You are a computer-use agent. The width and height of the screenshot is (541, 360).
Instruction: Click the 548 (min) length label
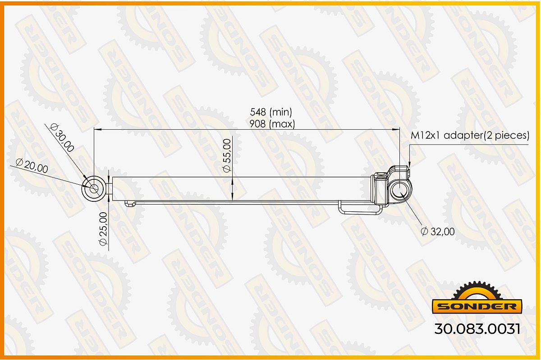tap(271, 112)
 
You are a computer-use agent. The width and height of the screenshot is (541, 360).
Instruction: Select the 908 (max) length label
tap(272, 124)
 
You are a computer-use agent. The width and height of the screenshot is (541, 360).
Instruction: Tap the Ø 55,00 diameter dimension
tap(227, 156)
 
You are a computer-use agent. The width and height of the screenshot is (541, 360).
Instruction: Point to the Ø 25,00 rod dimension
tap(103, 229)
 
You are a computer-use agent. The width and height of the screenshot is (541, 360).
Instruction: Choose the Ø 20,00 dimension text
tap(32, 166)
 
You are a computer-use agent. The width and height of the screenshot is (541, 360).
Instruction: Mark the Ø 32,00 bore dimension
tap(438, 232)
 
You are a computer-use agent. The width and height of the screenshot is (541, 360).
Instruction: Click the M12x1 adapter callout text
tap(470, 135)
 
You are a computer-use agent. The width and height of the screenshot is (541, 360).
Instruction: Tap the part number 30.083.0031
tap(477, 329)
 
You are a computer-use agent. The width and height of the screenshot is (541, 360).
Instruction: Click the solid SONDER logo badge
tap(477, 306)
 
